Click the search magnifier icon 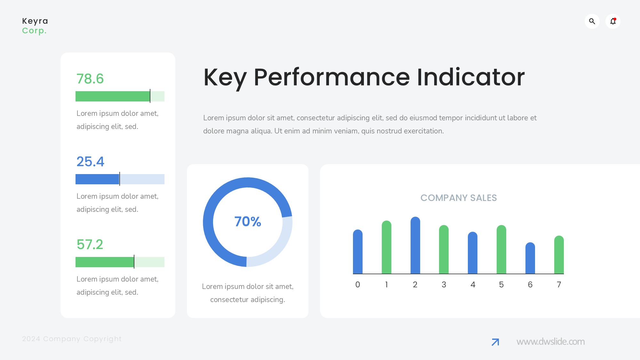coord(592,21)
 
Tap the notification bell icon coord(613,21)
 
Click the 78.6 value coord(90,79)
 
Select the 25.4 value coord(90,162)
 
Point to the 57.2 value coord(90,244)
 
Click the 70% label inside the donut coord(248,221)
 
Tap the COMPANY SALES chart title coord(459,198)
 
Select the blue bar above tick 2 coord(415,245)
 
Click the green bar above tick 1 coord(387,247)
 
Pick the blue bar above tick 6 coord(530,258)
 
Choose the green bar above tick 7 coord(559,255)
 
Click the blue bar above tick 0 coord(358,252)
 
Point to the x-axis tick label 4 coord(473,284)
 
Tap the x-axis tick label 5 coord(501,284)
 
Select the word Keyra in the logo coord(35,21)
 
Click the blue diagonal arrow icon coord(495,342)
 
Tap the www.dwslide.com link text coord(550,341)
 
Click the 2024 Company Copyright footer coord(72,339)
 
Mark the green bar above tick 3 coord(444,249)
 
